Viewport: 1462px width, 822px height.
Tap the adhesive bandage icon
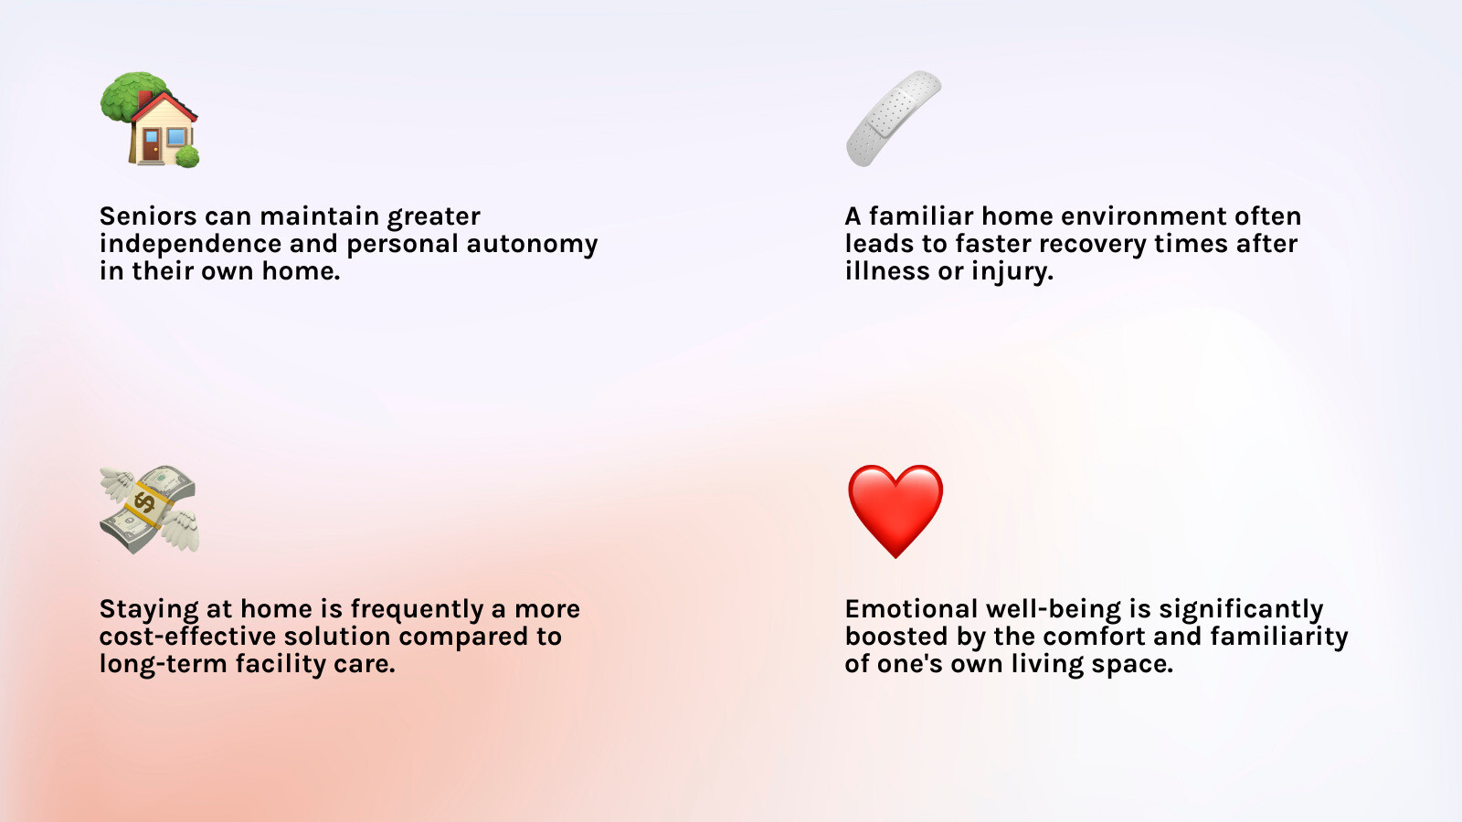click(x=895, y=119)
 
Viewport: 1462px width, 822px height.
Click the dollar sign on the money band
click(x=144, y=503)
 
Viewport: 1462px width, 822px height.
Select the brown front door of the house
click(x=152, y=144)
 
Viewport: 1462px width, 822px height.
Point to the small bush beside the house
click(x=187, y=156)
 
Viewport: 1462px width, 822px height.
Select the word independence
click(x=190, y=243)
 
